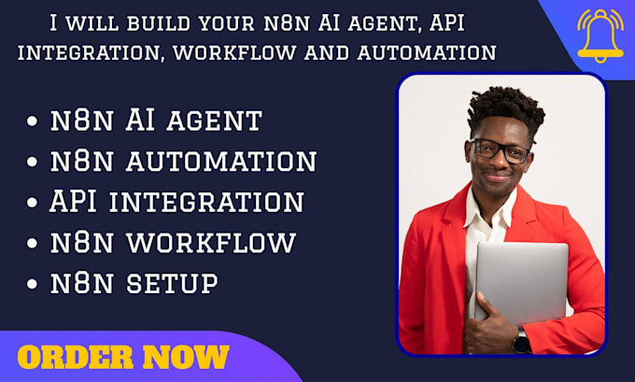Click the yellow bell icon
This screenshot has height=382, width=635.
(600, 35)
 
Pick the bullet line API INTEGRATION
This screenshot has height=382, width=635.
(176, 202)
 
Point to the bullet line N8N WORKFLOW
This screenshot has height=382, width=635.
(174, 243)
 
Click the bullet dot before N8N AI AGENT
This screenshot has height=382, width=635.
(35, 121)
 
